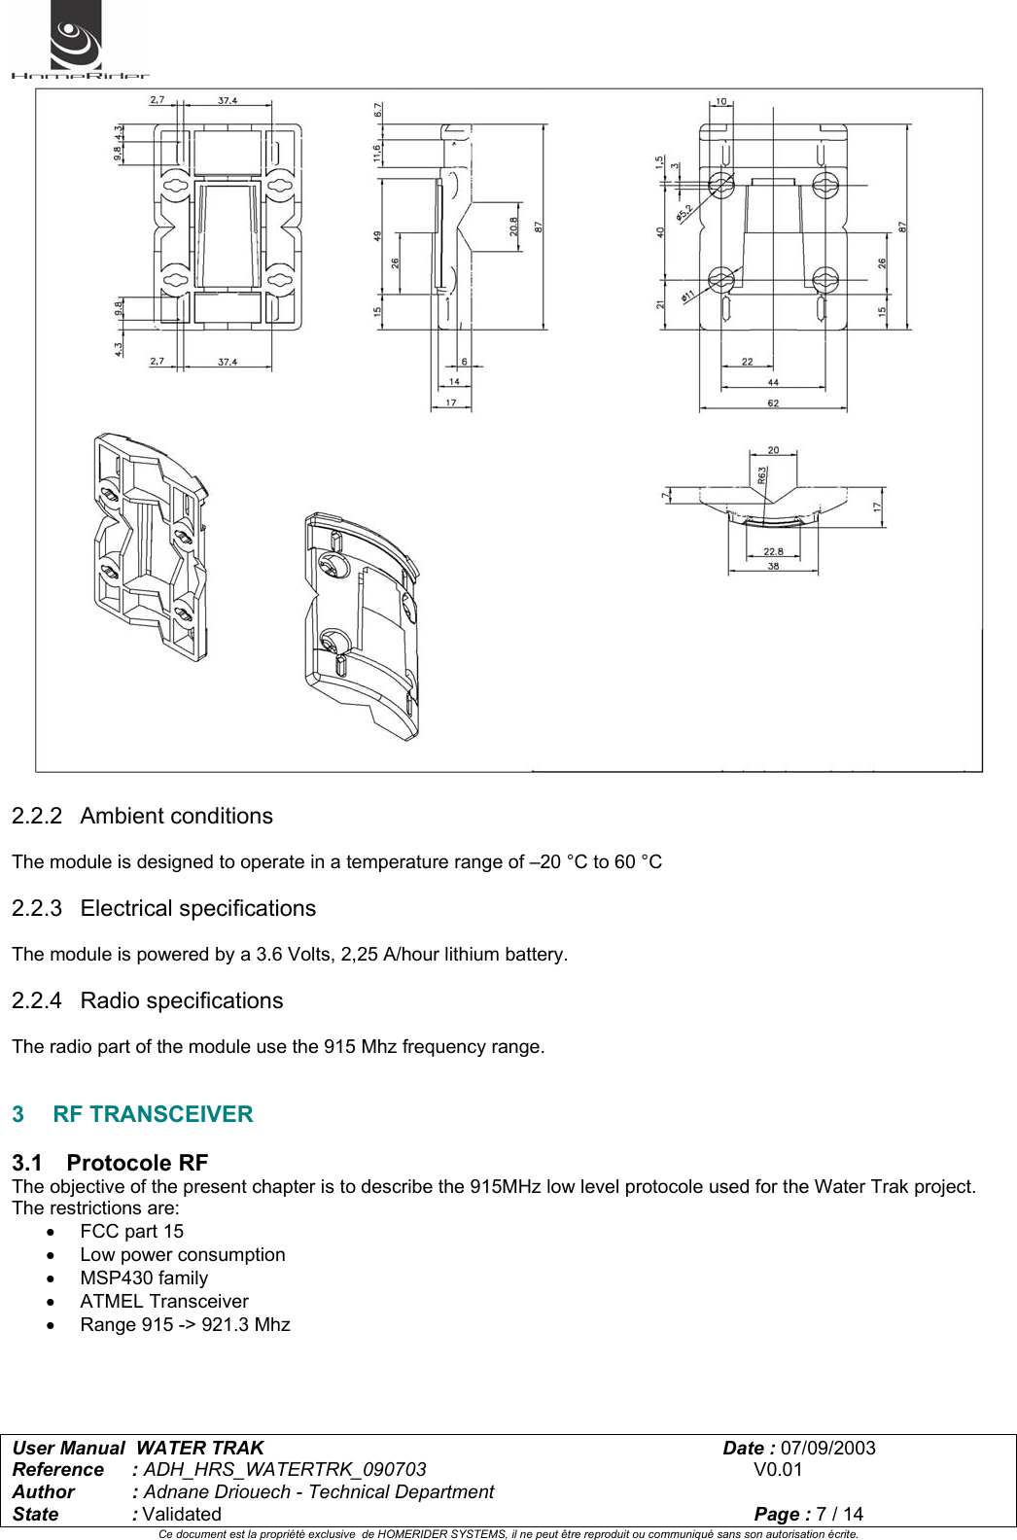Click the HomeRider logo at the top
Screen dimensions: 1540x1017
(x=78, y=41)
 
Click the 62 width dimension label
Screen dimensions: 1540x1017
(x=773, y=402)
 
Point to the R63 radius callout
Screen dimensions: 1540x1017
(x=762, y=474)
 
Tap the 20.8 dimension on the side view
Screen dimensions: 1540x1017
(x=514, y=227)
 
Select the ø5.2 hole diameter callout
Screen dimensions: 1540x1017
(x=684, y=211)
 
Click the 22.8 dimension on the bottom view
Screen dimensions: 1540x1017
(x=773, y=551)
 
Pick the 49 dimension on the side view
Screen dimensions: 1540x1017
(x=378, y=236)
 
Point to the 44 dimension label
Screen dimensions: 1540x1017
(x=773, y=382)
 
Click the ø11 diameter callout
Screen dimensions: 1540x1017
(x=687, y=295)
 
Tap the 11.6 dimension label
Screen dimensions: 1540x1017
(x=378, y=153)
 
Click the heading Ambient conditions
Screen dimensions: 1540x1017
(x=176, y=816)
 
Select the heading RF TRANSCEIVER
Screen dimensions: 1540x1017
(x=153, y=1114)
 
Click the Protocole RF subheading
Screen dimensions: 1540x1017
(x=137, y=1163)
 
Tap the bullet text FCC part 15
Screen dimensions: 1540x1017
(x=131, y=1231)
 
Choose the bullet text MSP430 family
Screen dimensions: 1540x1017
(x=144, y=1277)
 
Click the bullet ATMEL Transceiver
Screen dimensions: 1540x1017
(x=164, y=1301)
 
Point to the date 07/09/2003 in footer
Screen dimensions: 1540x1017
(x=827, y=1448)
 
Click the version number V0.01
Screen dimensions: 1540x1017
(x=778, y=1469)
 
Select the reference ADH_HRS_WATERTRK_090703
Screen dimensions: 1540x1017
(x=285, y=1469)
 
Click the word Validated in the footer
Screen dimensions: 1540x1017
(x=182, y=1514)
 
